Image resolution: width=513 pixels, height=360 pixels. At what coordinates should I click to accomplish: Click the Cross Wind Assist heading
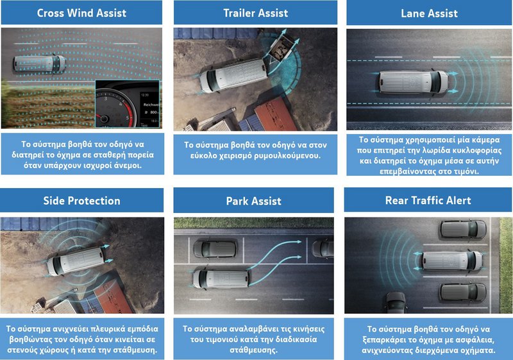coord(81,13)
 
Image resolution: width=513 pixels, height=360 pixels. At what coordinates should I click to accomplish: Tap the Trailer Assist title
coord(255,13)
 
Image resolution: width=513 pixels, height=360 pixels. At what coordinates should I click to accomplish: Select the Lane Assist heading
coord(429,13)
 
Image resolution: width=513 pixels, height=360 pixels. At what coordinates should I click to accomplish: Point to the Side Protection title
coord(82,201)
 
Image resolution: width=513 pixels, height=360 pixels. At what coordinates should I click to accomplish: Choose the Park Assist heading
coord(253,201)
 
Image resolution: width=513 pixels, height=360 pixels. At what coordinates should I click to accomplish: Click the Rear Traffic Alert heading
coord(428,200)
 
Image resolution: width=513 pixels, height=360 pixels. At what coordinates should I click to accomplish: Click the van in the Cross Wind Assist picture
coord(40,63)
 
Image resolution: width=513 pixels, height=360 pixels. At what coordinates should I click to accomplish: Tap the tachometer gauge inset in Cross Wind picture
coord(127,104)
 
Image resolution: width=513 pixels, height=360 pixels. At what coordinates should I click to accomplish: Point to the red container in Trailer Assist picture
coord(276,114)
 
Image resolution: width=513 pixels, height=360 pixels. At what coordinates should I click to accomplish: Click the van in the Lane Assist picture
coord(414,81)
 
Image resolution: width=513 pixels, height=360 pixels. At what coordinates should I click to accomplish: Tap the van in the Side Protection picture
coord(76,261)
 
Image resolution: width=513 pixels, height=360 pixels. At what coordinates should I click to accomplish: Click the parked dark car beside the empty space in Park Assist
coord(215,250)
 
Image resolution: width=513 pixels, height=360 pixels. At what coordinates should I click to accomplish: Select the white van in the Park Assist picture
coord(221,279)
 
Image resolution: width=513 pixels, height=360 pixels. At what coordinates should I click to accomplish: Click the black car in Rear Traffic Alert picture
coord(396,302)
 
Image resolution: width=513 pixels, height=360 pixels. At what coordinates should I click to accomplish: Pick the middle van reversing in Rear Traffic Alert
coord(451,261)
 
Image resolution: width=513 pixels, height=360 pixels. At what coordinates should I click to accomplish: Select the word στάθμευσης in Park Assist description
coord(253,350)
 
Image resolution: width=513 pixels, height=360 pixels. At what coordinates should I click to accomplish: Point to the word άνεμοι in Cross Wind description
coord(126,166)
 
